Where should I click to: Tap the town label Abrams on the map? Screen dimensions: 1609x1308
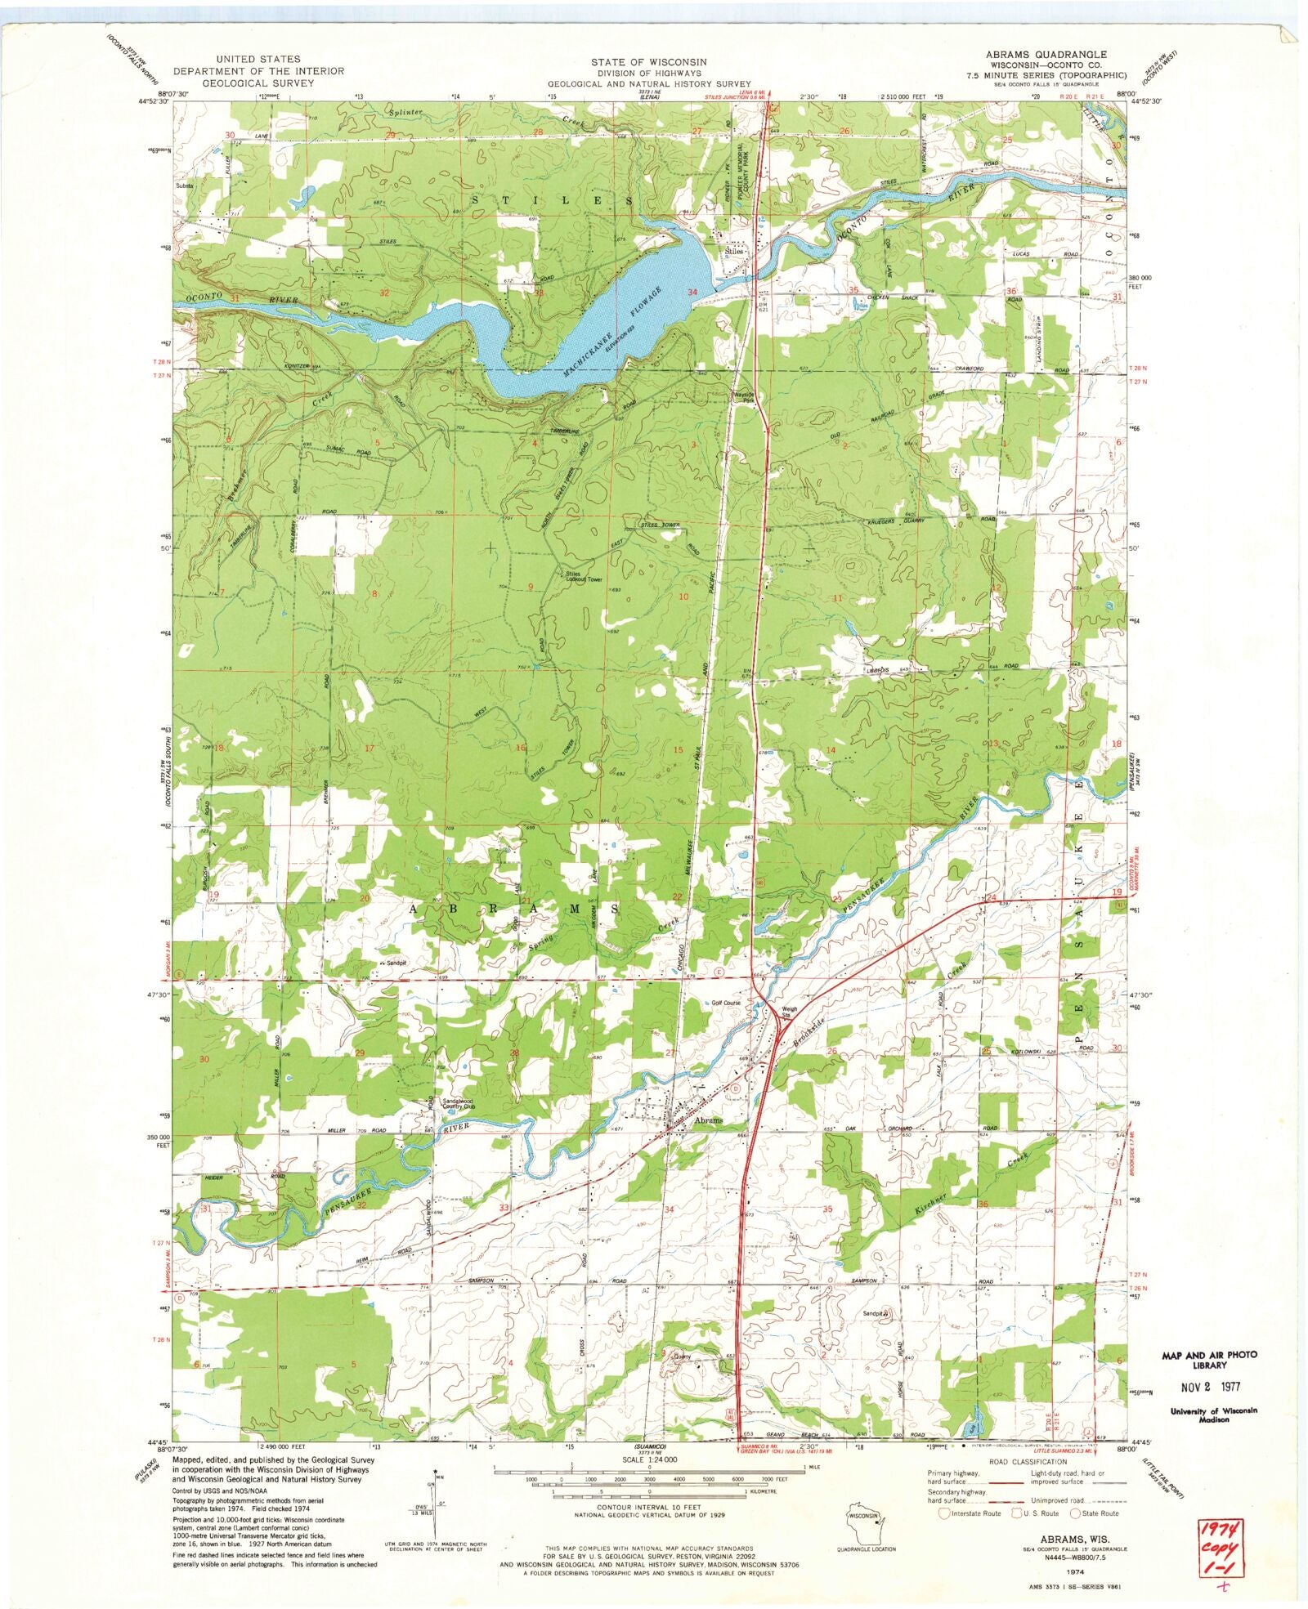pos(708,1120)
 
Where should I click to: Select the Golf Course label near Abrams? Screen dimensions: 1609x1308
pos(724,1003)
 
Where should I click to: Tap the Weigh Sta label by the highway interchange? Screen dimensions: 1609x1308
pos(789,1013)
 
